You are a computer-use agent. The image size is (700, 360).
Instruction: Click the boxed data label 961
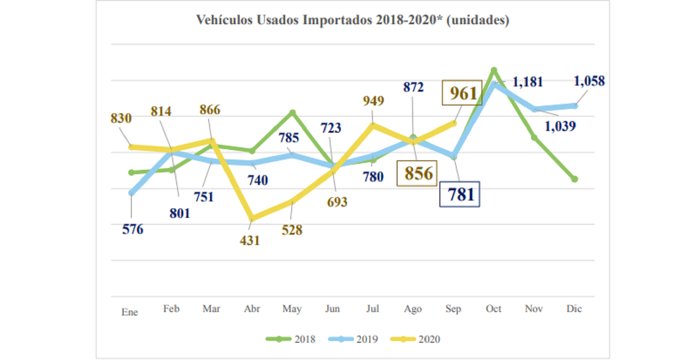click(x=462, y=93)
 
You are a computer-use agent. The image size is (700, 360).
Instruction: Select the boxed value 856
click(x=417, y=174)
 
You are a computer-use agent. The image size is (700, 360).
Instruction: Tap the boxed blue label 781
click(x=460, y=194)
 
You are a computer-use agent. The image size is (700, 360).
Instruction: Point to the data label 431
click(x=250, y=240)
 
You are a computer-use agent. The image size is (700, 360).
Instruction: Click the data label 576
click(x=133, y=229)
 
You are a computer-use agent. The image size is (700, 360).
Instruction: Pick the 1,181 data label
click(x=528, y=82)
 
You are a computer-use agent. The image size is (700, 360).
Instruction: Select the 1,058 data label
click(x=589, y=81)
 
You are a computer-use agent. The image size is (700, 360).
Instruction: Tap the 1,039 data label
click(x=560, y=126)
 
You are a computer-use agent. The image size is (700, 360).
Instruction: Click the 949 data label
click(x=373, y=101)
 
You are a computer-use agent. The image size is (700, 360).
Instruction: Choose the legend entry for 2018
click(x=291, y=339)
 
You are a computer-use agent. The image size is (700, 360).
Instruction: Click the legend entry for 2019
click(x=353, y=339)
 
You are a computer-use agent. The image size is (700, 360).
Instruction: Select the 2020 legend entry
click(x=415, y=339)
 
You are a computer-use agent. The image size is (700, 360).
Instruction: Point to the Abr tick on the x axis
click(x=252, y=309)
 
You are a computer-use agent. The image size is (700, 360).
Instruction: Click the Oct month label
click(x=493, y=309)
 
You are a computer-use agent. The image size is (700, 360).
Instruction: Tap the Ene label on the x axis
click(x=130, y=312)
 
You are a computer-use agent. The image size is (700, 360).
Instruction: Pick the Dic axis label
click(x=574, y=309)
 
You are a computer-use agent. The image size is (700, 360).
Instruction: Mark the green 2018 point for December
click(x=575, y=179)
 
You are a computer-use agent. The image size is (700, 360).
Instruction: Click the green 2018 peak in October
click(x=494, y=70)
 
